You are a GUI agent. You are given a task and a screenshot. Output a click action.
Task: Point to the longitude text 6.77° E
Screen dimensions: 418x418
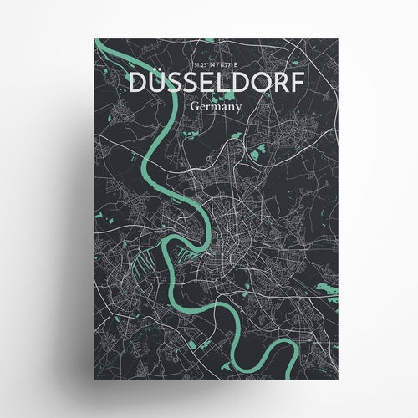coord(222,64)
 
